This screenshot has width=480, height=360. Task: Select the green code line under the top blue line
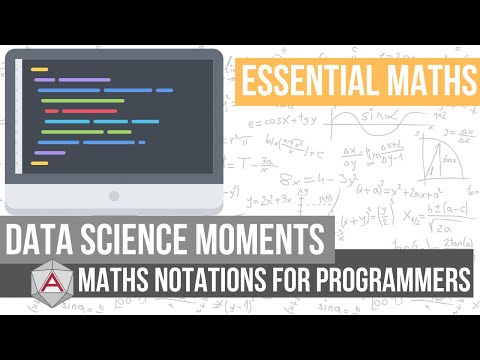click(x=80, y=101)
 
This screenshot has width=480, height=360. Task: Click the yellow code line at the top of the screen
click(x=40, y=69)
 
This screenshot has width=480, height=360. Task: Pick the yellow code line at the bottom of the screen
click(x=40, y=162)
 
